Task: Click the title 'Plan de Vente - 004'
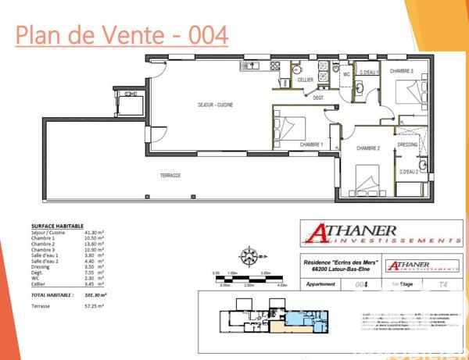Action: coord(122,34)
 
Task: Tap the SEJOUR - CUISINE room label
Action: coord(214,105)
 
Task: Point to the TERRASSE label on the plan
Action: coord(170,176)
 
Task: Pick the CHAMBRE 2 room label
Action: coord(368,148)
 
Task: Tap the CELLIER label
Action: coord(305,80)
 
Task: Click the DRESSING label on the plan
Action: coord(407,144)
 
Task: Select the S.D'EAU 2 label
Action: coord(409,172)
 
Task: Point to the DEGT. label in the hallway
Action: coord(319,98)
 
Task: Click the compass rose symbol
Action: coord(249,255)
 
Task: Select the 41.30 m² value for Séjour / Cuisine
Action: coord(93,233)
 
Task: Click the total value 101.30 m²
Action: coord(95,295)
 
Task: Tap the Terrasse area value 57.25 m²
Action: coord(93,307)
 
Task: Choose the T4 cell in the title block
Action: coord(444,285)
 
